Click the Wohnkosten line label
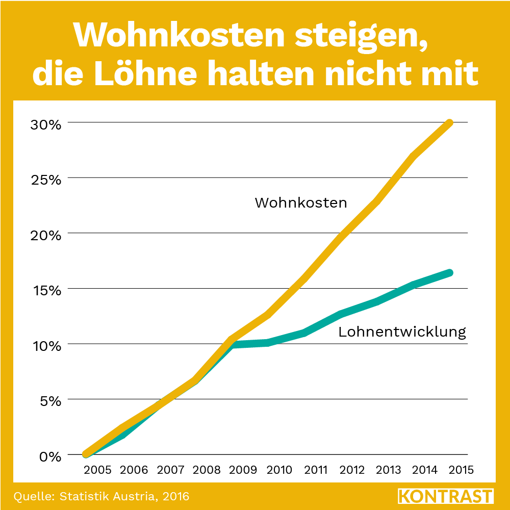(x=301, y=203)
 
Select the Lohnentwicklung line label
(x=402, y=333)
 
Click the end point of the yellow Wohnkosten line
(x=449, y=123)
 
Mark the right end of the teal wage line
(x=449, y=273)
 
